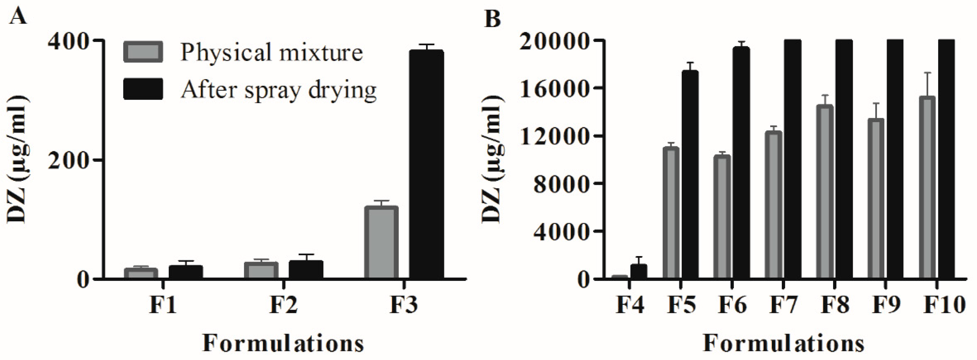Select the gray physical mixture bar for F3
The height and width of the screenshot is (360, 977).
click(x=381, y=243)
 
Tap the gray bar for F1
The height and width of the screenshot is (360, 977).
click(x=141, y=274)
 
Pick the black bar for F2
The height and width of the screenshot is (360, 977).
click(x=306, y=270)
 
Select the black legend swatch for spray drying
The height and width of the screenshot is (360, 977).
click(x=143, y=89)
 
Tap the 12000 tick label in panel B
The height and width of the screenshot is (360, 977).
click(x=553, y=136)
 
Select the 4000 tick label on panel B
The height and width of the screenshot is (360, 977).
click(x=559, y=232)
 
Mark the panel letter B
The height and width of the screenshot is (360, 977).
click(x=492, y=18)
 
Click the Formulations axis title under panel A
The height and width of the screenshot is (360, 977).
click(x=284, y=344)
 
